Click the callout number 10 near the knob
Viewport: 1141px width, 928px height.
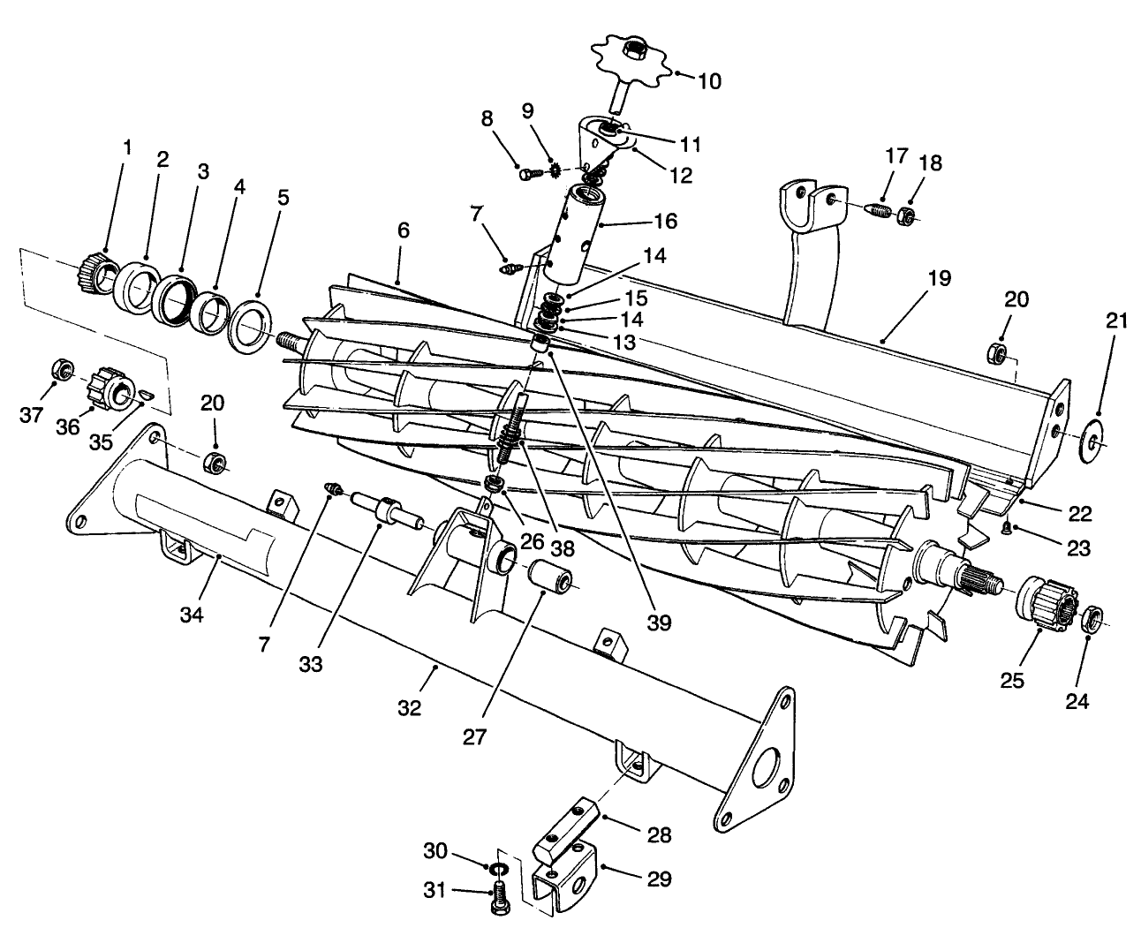click(x=708, y=81)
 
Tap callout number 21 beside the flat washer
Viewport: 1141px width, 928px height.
click(x=1117, y=321)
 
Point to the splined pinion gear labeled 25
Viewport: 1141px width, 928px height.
click(x=1046, y=605)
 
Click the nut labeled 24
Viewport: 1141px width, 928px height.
click(x=1092, y=617)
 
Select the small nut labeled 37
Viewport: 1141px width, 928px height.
click(x=63, y=368)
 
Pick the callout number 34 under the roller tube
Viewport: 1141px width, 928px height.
click(x=192, y=614)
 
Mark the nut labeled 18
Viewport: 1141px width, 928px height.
click(x=906, y=215)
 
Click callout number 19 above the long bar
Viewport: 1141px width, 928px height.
click(x=940, y=279)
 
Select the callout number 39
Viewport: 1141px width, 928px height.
click(x=657, y=623)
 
